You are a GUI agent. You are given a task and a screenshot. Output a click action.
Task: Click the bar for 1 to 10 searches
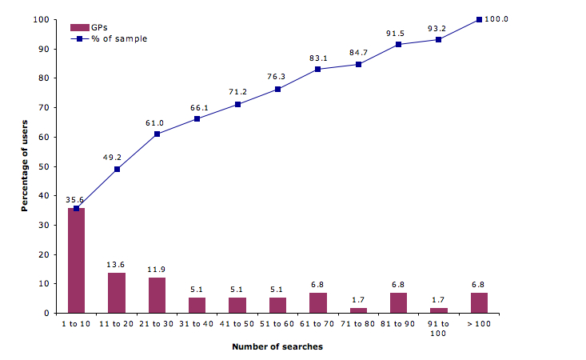(76, 261)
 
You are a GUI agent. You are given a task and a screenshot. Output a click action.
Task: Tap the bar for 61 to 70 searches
(317, 302)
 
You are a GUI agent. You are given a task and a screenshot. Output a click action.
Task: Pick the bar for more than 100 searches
(479, 302)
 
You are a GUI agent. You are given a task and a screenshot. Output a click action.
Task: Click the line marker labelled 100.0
(479, 19)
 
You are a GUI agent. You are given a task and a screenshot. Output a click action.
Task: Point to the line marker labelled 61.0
(157, 134)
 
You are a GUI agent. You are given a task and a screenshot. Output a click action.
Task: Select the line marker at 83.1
(317, 69)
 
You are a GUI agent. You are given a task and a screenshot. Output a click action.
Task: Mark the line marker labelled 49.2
(117, 169)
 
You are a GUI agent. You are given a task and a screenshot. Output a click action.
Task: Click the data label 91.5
(397, 33)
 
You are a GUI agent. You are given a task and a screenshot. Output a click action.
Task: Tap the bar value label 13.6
(117, 265)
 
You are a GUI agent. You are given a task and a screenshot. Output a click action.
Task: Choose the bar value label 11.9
(157, 270)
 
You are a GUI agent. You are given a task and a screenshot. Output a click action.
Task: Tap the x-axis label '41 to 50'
(237, 323)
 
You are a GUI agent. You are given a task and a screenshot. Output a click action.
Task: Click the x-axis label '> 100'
(479, 323)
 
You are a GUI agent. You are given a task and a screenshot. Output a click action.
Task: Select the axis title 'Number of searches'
(277, 347)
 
